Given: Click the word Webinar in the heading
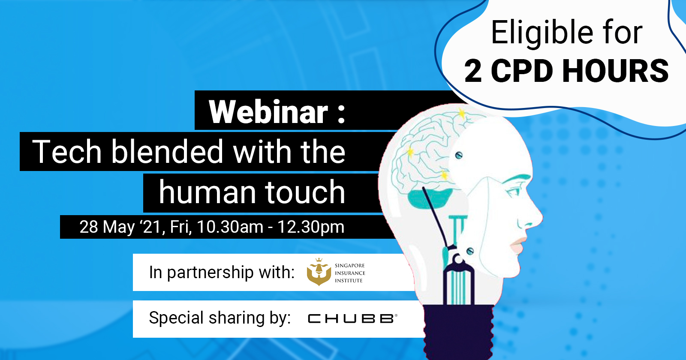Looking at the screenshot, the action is coord(268,112).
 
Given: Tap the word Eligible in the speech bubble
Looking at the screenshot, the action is coord(542,33).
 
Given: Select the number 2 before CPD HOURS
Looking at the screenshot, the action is coord(473,71).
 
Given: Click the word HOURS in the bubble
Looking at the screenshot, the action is coord(616,71).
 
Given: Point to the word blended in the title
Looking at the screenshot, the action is coord(167,152).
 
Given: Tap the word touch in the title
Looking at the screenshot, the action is coord(305,192).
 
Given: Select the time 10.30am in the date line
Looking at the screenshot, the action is coord(230,227).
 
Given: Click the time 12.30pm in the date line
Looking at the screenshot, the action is coord(311,227).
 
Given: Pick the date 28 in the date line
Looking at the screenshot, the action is coord(89,227).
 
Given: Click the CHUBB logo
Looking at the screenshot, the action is coord(352,319).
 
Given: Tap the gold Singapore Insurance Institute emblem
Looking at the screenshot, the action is coord(319,272).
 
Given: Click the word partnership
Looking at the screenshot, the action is coord(211,273).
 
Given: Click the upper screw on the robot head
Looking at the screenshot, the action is coord(458,155).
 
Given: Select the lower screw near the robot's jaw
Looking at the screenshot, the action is coord(470,251).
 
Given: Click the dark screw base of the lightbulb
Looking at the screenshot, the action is coord(458,332).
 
